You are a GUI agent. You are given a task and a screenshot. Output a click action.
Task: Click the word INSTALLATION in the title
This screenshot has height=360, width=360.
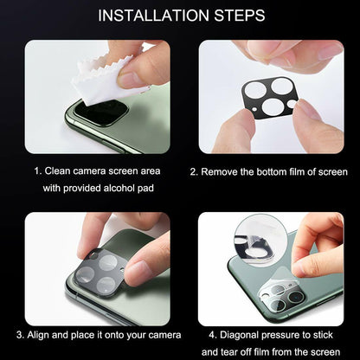154,16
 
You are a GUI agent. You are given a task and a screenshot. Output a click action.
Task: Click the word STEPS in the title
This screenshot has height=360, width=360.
236,16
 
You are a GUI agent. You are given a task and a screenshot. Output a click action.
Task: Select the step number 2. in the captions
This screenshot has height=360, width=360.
194,171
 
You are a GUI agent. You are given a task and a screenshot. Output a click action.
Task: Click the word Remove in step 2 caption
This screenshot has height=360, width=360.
222,171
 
